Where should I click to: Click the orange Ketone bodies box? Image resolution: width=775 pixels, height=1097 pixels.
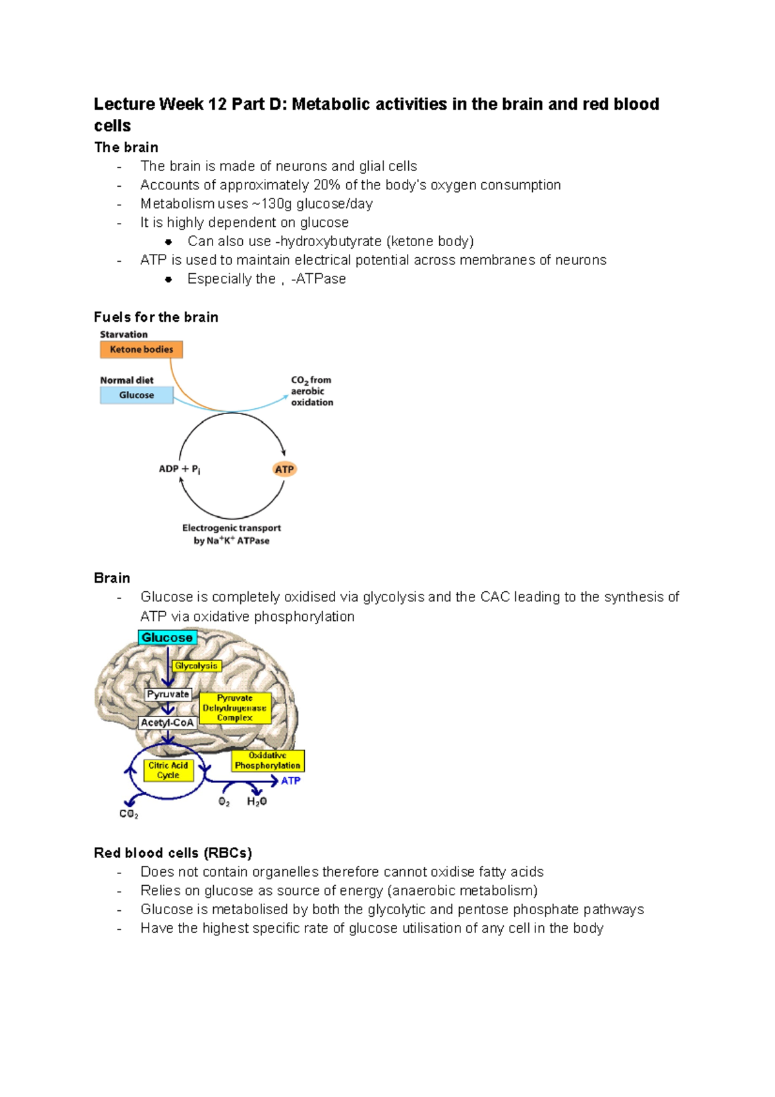pyautogui.click(x=141, y=350)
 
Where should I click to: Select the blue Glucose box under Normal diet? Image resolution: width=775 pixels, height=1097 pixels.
pyautogui.click(x=136, y=395)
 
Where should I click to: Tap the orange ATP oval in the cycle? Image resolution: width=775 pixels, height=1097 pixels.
pyautogui.click(x=284, y=469)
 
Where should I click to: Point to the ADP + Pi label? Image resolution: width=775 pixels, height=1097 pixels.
pyautogui.click(x=179, y=469)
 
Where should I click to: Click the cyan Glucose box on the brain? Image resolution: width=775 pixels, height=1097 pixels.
pyautogui.click(x=167, y=638)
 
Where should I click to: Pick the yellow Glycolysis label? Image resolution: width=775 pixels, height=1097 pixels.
pyautogui.click(x=196, y=665)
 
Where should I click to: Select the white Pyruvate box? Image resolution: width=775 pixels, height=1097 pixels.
pyautogui.click(x=168, y=695)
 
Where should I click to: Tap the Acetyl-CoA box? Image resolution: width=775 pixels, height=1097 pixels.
pyautogui.click(x=167, y=722)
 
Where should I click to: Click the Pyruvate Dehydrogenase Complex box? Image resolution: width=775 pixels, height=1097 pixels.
pyautogui.click(x=234, y=708)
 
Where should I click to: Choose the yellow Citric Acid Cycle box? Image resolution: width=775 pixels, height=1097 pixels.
pyautogui.click(x=168, y=770)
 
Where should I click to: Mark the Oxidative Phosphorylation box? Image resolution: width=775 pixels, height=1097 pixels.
pyautogui.click(x=267, y=760)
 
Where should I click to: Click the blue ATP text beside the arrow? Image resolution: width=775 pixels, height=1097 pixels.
pyautogui.click(x=291, y=780)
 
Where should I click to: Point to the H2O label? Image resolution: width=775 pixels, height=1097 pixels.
pyautogui.click(x=256, y=802)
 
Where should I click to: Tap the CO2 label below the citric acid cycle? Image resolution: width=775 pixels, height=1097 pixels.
pyautogui.click(x=129, y=814)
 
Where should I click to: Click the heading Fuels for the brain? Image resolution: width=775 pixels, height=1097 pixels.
pyautogui.click(x=156, y=317)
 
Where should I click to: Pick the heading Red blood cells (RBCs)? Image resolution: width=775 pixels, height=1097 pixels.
pyautogui.click(x=172, y=853)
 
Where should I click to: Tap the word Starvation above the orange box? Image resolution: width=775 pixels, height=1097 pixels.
pyautogui.click(x=123, y=335)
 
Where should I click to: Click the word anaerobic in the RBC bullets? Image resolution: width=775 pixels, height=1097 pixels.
pyautogui.click(x=423, y=891)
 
